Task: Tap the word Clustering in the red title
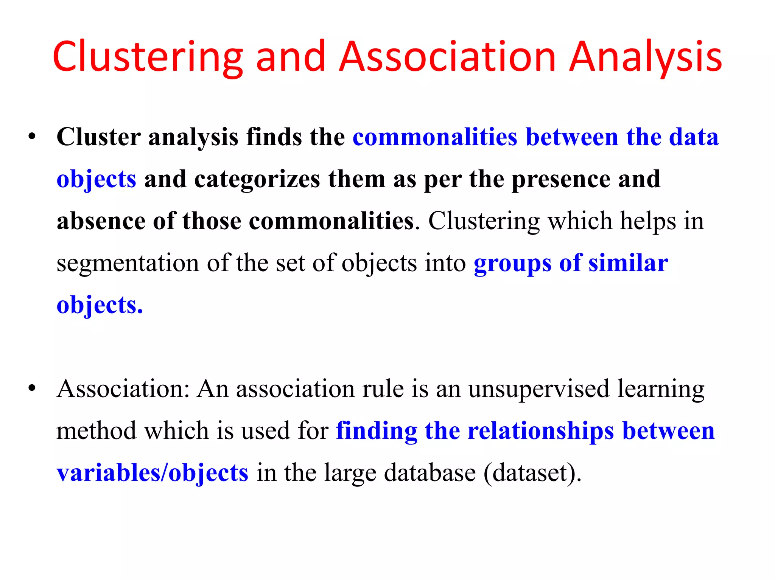click(148, 57)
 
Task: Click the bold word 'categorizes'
click(257, 179)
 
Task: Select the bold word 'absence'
click(101, 221)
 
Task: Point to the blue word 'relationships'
click(541, 431)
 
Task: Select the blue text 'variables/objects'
click(153, 473)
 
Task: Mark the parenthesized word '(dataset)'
click(532, 473)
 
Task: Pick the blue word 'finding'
click(377, 431)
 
